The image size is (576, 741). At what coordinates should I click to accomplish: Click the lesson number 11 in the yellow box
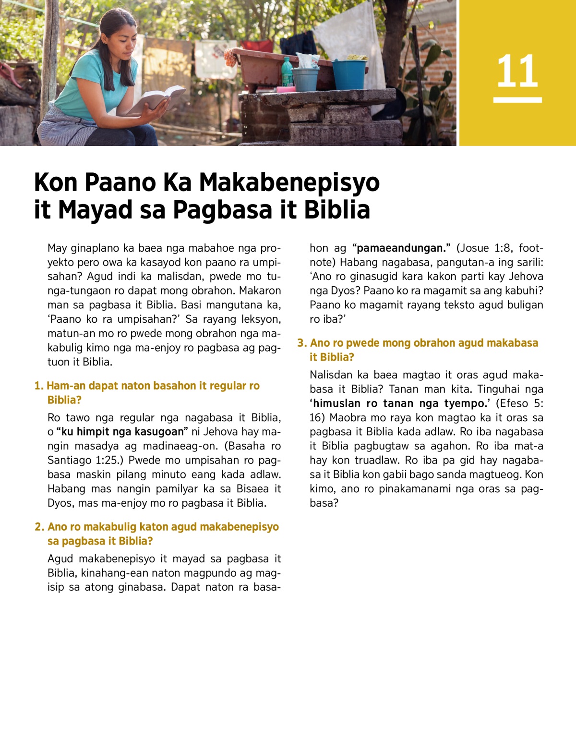pyautogui.click(x=517, y=71)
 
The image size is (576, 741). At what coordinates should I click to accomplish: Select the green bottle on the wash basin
pyautogui.click(x=287, y=72)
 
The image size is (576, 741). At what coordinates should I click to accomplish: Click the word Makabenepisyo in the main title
pyautogui.click(x=289, y=182)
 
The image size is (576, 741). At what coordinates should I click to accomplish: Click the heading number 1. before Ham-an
pyautogui.click(x=39, y=386)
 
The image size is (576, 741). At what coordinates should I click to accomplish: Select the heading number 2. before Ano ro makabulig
pyautogui.click(x=39, y=527)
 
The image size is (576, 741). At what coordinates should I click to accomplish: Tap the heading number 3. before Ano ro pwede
pyautogui.click(x=301, y=343)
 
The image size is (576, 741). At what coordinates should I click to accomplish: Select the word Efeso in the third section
pyautogui.click(x=514, y=403)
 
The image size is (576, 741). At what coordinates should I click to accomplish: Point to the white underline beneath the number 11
pyautogui.click(x=517, y=100)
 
